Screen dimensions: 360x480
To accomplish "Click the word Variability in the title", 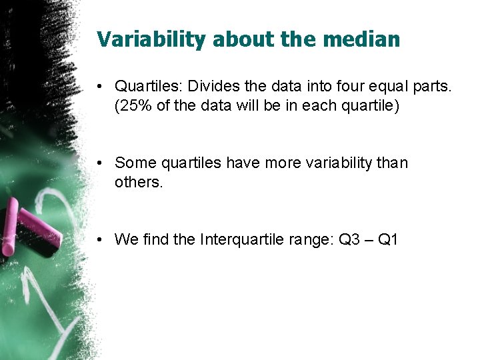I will click(x=152, y=39).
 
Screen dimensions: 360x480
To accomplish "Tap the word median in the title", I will click(x=361, y=39).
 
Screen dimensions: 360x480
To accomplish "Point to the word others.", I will click(x=139, y=182).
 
